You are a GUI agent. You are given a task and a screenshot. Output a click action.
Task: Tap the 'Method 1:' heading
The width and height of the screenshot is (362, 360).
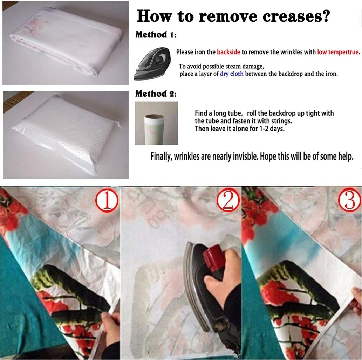click(156, 35)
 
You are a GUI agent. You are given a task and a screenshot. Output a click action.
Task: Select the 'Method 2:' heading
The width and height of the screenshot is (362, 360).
click(156, 94)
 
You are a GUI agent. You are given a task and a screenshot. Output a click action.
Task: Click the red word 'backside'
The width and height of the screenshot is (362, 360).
click(228, 52)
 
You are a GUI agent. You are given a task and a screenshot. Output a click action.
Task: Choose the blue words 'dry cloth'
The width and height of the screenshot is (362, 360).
click(232, 74)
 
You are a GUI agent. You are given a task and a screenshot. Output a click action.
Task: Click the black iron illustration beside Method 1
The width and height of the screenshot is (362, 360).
click(152, 64)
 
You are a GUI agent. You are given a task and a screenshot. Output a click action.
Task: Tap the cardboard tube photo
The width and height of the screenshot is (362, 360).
click(156, 123)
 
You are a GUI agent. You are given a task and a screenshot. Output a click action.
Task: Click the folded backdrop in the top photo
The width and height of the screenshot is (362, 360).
click(66, 43)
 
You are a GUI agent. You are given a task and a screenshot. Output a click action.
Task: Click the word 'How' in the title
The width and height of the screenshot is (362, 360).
click(155, 16)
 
